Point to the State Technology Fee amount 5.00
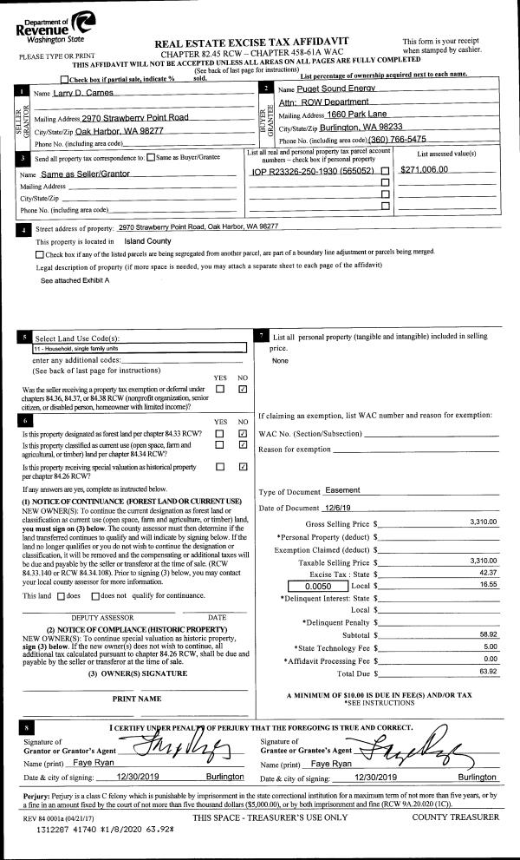tap(487, 647)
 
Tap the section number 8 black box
tap(30, 727)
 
